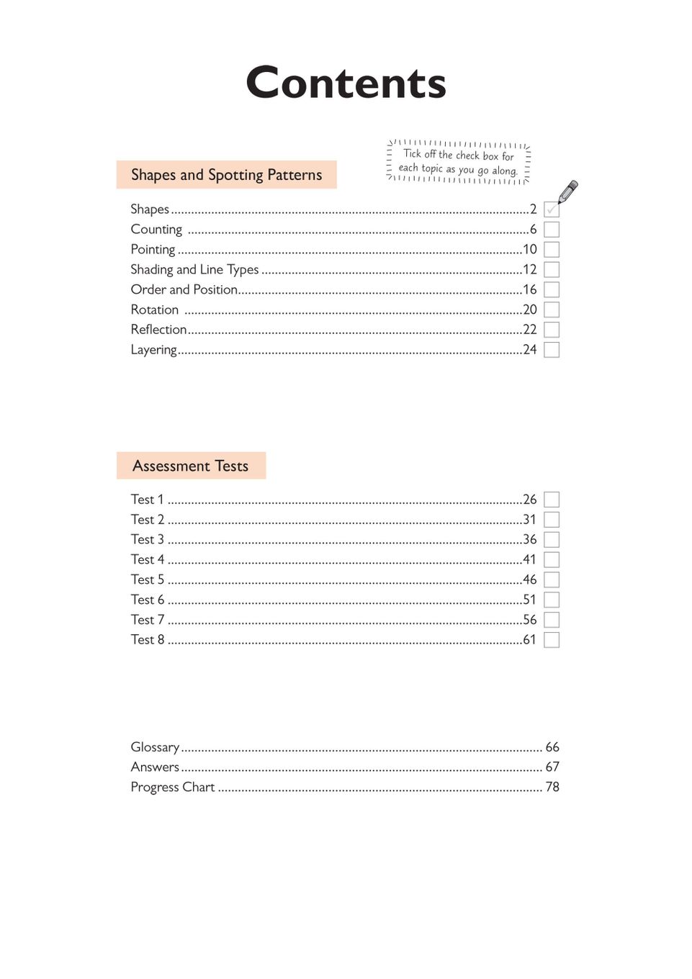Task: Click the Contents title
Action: click(346, 83)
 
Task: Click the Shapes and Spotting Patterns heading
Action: click(226, 175)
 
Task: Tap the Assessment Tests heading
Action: click(190, 466)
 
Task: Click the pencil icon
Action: click(568, 191)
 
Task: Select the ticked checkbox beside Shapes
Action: click(552, 209)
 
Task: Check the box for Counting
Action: click(552, 230)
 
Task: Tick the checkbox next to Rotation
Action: click(552, 310)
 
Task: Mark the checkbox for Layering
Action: click(552, 350)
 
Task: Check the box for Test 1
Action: click(552, 500)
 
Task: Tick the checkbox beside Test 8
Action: click(552, 640)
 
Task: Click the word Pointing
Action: click(153, 250)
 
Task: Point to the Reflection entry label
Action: click(158, 330)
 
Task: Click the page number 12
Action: click(529, 270)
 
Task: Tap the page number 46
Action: click(529, 579)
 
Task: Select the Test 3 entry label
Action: click(148, 540)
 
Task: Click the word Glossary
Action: click(155, 747)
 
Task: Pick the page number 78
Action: click(552, 788)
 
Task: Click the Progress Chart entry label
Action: click(173, 788)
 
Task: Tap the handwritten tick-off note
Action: click(459, 162)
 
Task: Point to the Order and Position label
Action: click(184, 289)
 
